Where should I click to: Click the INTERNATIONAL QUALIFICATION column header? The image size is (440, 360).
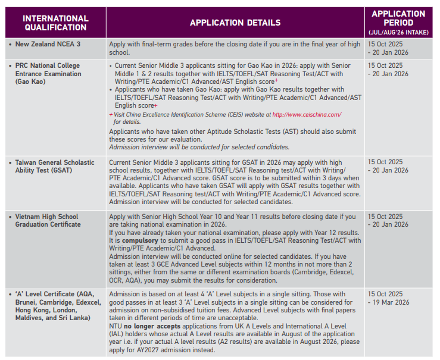[55, 23]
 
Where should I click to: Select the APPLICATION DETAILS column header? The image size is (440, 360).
[235, 23]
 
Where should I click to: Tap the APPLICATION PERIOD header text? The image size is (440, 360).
[398, 18]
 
